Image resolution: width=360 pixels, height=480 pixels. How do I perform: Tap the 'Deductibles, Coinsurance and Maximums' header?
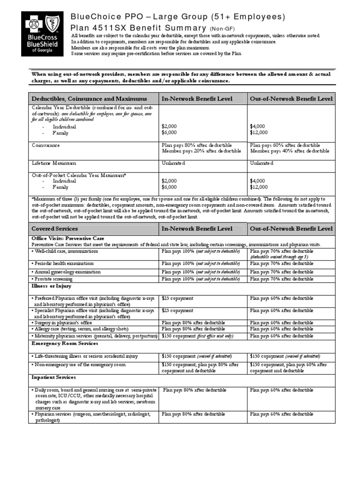click(89, 99)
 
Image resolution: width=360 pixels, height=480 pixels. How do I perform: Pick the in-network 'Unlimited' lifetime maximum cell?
click(173, 163)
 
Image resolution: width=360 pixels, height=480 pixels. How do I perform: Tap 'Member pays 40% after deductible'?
click(290, 151)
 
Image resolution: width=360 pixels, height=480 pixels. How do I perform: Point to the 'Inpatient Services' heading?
click(53, 377)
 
